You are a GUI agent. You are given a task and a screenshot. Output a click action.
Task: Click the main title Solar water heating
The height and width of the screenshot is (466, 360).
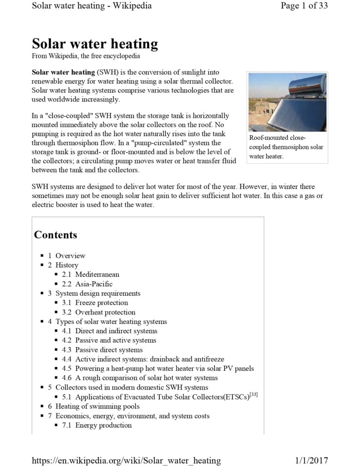tap(95, 44)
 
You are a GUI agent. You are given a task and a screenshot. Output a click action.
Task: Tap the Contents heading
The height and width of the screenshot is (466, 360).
tap(56, 235)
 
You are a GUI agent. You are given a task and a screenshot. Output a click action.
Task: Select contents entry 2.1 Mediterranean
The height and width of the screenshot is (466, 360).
tap(97, 274)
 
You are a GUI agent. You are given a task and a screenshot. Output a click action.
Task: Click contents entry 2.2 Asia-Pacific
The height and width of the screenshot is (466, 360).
tap(94, 284)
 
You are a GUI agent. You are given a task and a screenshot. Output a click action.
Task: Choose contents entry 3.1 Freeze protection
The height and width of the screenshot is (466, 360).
tap(101, 303)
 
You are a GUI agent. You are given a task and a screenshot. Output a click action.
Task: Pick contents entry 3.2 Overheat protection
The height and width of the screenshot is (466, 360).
tap(105, 312)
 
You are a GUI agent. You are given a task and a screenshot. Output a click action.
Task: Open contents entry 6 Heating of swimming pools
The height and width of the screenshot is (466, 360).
tap(97, 406)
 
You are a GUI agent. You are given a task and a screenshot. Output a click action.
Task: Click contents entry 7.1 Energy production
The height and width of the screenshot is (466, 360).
tap(103, 425)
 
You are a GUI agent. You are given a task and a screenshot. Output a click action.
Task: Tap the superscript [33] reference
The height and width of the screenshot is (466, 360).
tap(254, 395)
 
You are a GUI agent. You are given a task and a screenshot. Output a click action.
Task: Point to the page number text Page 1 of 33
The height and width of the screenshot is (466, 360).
tap(304, 6)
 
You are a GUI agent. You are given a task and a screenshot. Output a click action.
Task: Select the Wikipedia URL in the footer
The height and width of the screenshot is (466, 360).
tap(126, 460)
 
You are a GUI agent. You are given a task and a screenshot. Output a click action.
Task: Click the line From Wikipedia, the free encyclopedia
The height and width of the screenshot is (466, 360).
tap(86, 56)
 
